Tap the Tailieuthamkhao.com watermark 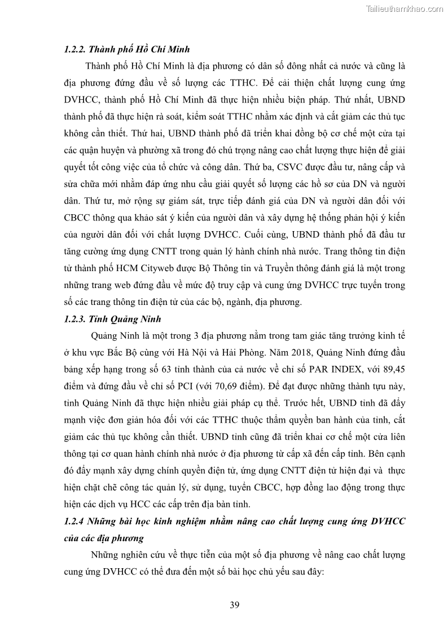[x=405, y=8]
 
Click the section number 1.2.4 [x=76, y=521]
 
